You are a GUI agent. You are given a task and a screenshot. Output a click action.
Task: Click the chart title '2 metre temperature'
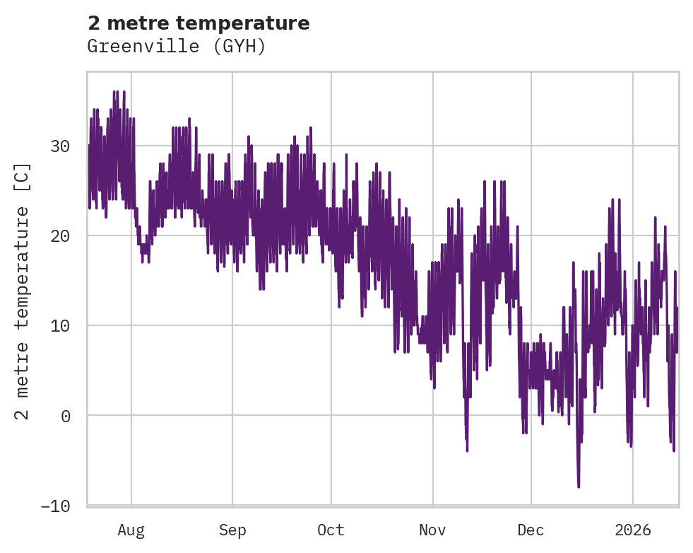[x=199, y=23]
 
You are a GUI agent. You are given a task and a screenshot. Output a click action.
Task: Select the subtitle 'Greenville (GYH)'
[x=177, y=47]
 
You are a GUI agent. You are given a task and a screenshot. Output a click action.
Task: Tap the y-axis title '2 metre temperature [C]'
[x=23, y=291]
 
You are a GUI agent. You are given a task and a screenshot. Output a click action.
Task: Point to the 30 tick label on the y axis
[x=61, y=146]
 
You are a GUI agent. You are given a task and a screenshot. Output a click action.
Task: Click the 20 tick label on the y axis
[x=61, y=236]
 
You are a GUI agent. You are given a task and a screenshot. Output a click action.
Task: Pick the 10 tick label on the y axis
[x=61, y=326]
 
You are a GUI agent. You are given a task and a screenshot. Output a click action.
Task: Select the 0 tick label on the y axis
[x=66, y=416]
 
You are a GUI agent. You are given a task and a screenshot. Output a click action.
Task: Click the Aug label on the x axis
[x=131, y=530]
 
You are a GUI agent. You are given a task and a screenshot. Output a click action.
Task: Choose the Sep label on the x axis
[x=232, y=530]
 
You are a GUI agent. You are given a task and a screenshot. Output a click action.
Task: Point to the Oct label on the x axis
[x=331, y=530]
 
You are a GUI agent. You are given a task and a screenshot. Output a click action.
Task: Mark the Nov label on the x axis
[x=432, y=530]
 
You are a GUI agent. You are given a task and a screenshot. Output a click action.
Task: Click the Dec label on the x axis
[x=531, y=530]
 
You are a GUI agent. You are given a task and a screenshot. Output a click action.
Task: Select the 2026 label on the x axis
[x=632, y=530]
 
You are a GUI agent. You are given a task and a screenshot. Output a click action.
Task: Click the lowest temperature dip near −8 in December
[x=579, y=487]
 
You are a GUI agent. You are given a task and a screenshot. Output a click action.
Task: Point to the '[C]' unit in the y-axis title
[x=23, y=177]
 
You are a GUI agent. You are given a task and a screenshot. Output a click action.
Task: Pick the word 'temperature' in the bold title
[x=256, y=23]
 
